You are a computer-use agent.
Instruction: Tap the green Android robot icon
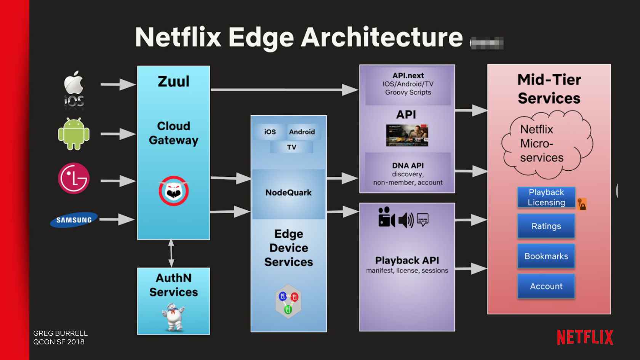[x=74, y=134]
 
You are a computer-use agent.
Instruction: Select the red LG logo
[x=74, y=178]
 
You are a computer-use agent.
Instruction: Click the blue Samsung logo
[x=74, y=219]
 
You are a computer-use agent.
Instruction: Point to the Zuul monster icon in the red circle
[x=174, y=191]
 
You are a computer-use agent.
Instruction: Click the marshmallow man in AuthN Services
[x=174, y=316]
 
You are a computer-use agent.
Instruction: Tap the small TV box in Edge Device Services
[x=291, y=147]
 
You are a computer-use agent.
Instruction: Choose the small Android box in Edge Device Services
[x=302, y=132]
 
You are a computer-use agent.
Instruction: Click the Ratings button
[x=546, y=226]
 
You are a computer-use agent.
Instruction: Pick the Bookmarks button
[x=546, y=256]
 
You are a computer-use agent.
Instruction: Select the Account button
[x=546, y=286]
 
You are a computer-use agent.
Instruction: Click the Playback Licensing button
[x=546, y=197]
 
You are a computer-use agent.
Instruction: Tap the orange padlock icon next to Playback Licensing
[x=582, y=205]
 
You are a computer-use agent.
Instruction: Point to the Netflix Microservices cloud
[x=547, y=144]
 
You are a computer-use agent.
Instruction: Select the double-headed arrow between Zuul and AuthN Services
[x=171, y=253]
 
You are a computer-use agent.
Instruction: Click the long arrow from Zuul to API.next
[x=284, y=90]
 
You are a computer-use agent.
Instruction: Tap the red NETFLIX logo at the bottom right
[x=585, y=338]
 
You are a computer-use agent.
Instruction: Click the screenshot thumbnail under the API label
[x=407, y=135]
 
